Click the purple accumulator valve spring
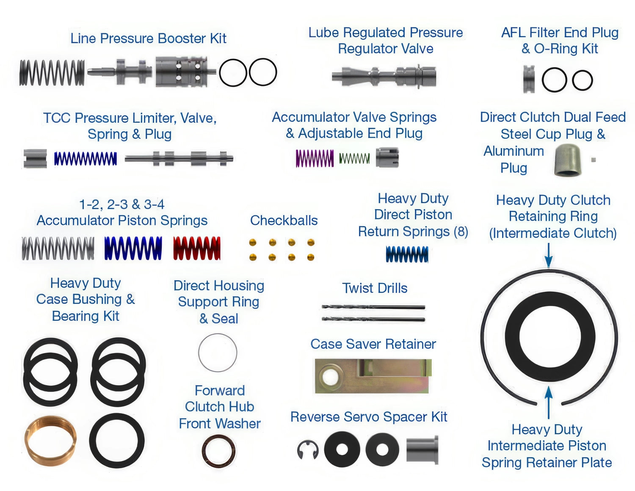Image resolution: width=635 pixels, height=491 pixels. [315, 158]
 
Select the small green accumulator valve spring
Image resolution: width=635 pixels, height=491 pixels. [354, 158]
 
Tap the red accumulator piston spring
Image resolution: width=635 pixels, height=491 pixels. [197, 248]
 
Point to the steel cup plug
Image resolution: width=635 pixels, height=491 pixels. [567, 160]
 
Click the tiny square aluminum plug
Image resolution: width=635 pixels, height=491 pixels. [593, 160]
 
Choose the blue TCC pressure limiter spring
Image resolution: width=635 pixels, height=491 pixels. [86, 159]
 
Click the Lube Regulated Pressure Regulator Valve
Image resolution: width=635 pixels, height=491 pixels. [384, 76]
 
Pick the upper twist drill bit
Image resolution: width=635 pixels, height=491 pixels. [373, 307]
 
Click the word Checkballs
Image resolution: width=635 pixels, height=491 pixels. [284, 221]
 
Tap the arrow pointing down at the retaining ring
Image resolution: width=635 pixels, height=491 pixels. [549, 256]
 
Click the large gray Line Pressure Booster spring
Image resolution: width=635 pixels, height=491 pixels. [52, 73]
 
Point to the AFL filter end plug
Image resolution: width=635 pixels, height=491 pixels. [529, 79]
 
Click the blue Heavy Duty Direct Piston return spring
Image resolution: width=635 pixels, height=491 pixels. [407, 254]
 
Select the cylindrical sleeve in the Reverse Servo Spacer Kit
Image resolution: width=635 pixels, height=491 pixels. [422, 450]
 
